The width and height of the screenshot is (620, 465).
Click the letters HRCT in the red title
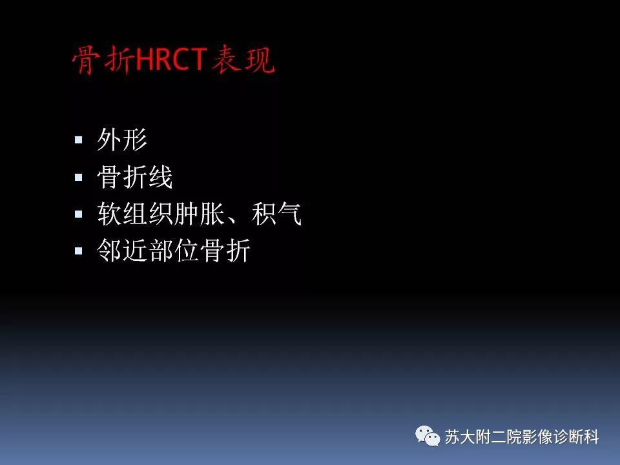click(170, 61)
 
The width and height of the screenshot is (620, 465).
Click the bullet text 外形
click(122, 140)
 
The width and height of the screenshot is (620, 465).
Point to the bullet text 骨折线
click(135, 178)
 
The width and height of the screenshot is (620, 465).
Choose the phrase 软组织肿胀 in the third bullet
click(161, 214)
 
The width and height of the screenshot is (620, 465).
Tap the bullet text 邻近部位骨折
click(174, 251)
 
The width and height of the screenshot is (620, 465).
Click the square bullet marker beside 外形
click(79, 139)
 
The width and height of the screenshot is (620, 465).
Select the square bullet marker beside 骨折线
click(79, 177)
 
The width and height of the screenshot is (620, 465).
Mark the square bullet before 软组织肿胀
click(79, 214)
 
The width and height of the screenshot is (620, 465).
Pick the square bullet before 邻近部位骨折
click(79, 251)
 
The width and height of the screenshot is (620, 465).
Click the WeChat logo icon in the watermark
click(427, 436)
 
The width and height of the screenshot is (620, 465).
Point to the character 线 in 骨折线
click(161, 178)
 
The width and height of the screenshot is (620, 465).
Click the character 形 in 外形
click(135, 140)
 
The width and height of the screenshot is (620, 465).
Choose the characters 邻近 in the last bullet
click(122, 251)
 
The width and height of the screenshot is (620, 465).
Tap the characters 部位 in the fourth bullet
click(174, 251)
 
